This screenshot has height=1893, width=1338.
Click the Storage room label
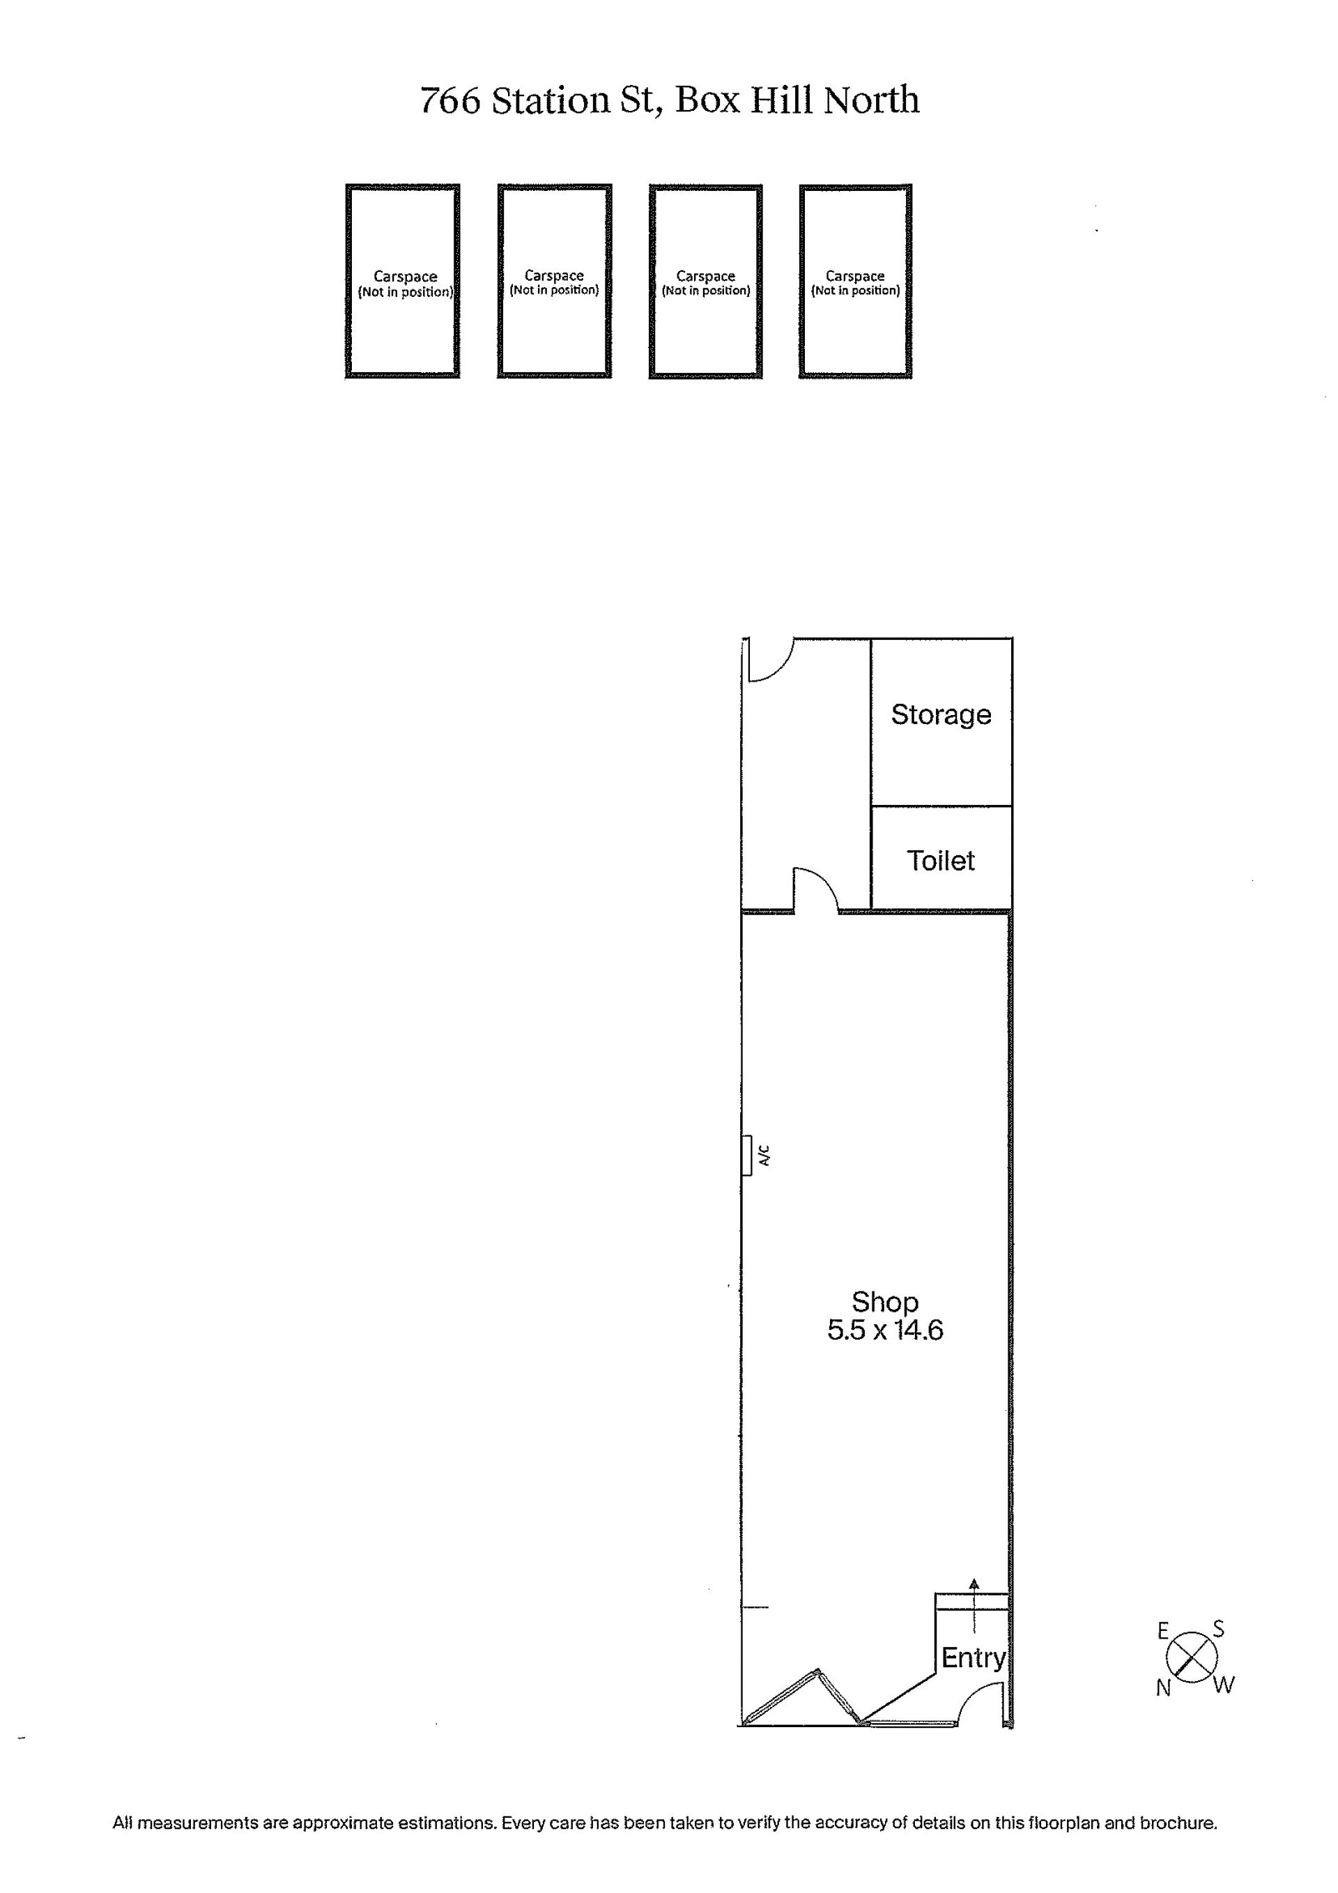tap(941, 715)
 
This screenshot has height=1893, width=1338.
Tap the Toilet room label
tap(941, 861)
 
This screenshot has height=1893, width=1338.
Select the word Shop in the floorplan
tap(884, 1302)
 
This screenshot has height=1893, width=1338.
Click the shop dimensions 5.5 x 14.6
tap(884, 1330)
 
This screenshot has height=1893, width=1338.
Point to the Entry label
tap(974, 1658)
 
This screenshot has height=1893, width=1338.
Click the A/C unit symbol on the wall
tap(747, 1155)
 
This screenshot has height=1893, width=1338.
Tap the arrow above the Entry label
tap(974, 1605)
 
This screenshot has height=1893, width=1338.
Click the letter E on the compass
tap(1163, 1630)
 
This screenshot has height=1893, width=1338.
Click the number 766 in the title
tap(450, 100)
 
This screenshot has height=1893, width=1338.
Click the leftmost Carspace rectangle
tap(402, 281)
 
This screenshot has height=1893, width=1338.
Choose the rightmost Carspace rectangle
tap(855, 281)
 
